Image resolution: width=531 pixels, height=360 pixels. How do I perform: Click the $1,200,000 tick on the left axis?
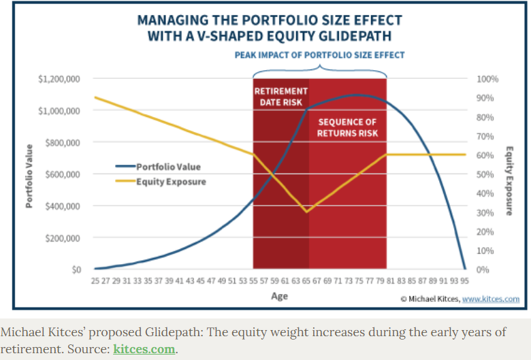coord(60,79)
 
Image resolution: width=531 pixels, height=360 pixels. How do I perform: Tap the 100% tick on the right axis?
coord(487,79)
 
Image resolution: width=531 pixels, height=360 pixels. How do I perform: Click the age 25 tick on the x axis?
coord(96,280)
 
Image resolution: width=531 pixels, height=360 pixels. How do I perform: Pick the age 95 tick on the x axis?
coord(465,280)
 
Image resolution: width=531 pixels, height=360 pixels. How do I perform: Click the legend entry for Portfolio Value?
coord(168,166)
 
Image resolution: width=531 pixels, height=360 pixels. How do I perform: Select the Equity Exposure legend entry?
coord(171,182)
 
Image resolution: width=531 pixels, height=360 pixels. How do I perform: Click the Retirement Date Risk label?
coord(280,97)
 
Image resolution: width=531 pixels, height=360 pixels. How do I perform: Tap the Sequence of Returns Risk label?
coord(347,128)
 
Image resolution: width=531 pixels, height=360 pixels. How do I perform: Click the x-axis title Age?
coord(280,296)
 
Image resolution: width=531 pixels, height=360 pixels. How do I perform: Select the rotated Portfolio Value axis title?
coord(30,176)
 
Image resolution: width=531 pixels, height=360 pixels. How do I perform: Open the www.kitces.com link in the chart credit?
coord(492,299)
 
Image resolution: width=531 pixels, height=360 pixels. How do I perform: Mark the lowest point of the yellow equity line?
coord(308,212)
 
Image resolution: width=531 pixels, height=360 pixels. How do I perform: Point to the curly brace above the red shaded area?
coord(319,69)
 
